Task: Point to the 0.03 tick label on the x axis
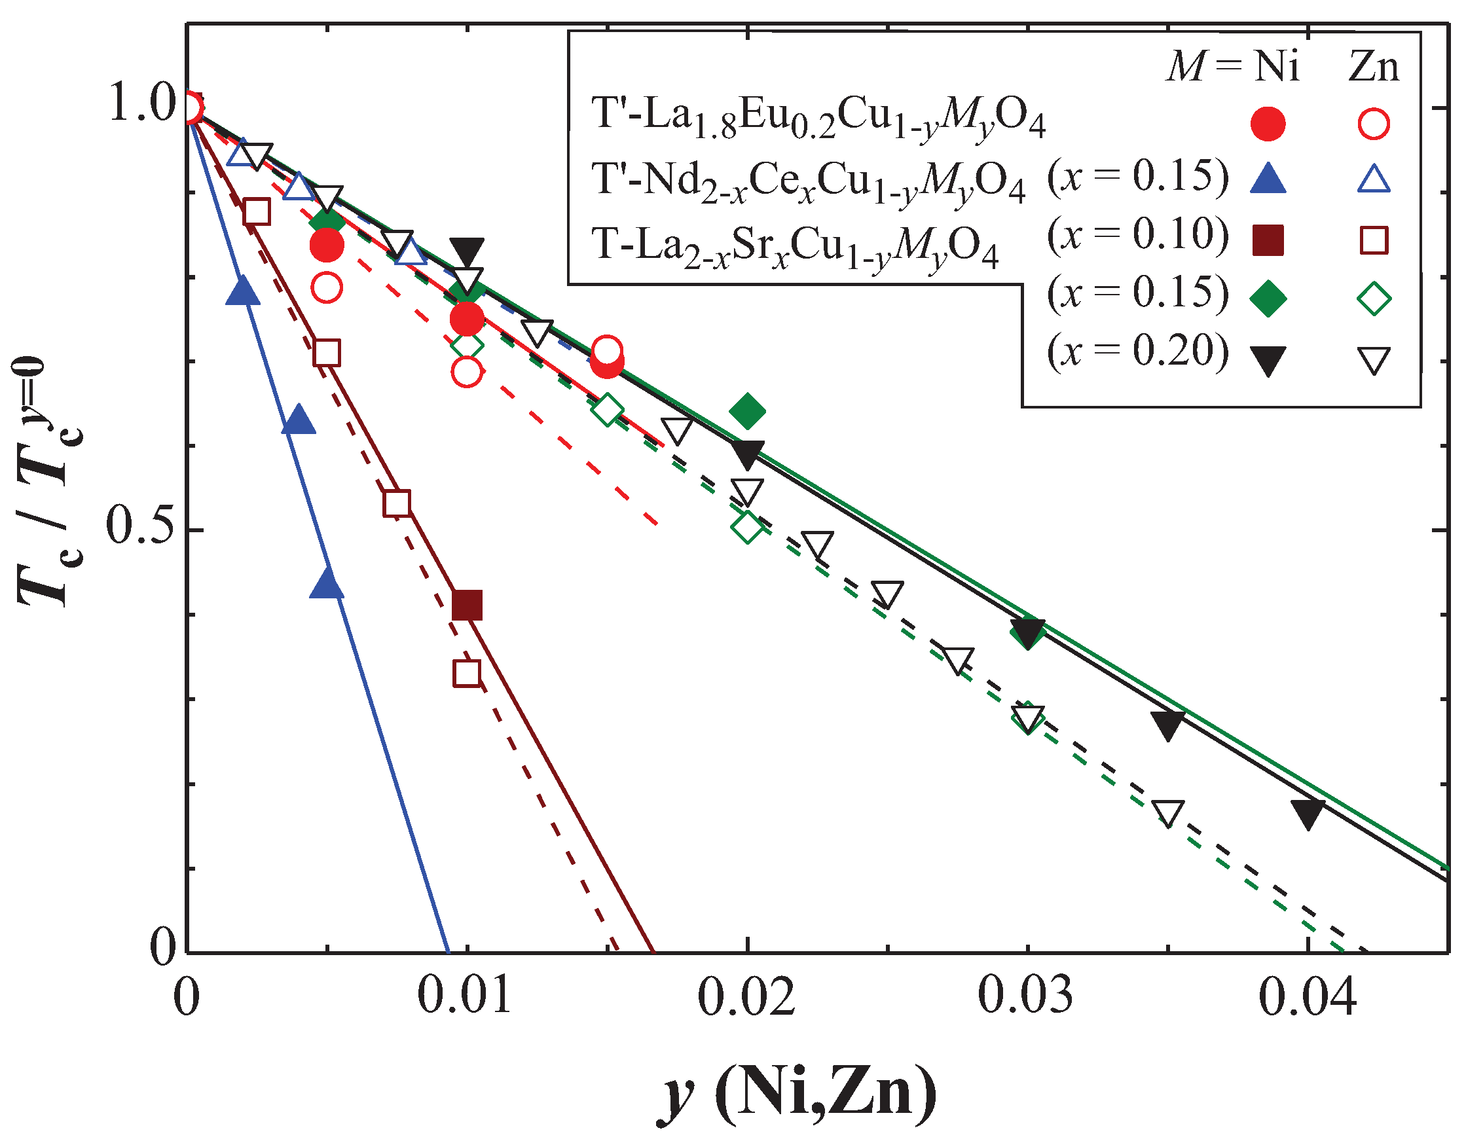(x=1025, y=995)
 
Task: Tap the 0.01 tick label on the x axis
(x=464, y=995)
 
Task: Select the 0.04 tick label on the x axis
(x=1307, y=995)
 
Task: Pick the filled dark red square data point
(x=467, y=606)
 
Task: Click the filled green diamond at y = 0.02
(x=747, y=410)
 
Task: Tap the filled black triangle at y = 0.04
(x=1308, y=813)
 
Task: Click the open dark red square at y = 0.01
(x=467, y=673)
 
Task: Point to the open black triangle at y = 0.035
(x=1168, y=813)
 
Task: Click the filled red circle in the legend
(x=1268, y=124)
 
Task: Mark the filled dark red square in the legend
(x=1268, y=240)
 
